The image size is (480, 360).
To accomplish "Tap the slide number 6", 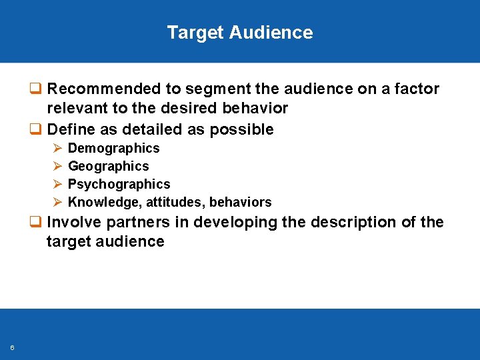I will [13, 347].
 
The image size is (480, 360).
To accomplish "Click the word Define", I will [71, 129].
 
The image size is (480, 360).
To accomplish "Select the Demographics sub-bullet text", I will [114, 148].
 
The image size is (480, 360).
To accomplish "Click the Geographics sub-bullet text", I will [109, 166].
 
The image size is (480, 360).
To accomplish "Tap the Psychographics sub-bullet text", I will [119, 184].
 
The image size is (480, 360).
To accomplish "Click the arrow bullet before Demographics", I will [57, 148].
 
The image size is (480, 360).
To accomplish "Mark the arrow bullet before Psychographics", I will [57, 184].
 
